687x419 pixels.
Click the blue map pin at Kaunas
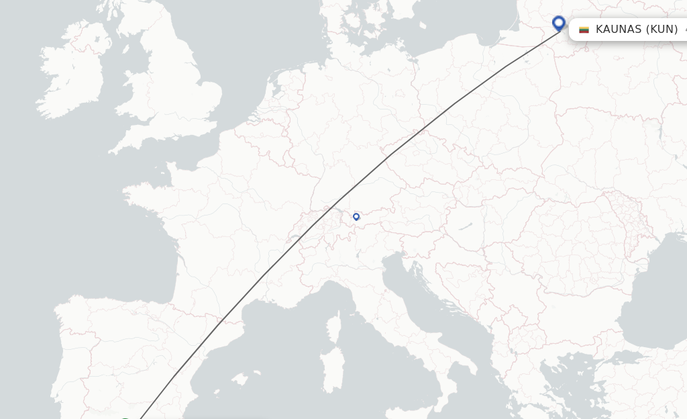[x=558, y=24]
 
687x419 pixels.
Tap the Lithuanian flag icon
[x=584, y=30]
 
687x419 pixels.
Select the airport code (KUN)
[x=662, y=30]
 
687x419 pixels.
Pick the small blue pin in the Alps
[x=356, y=216]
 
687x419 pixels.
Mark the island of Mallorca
[x=238, y=379]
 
